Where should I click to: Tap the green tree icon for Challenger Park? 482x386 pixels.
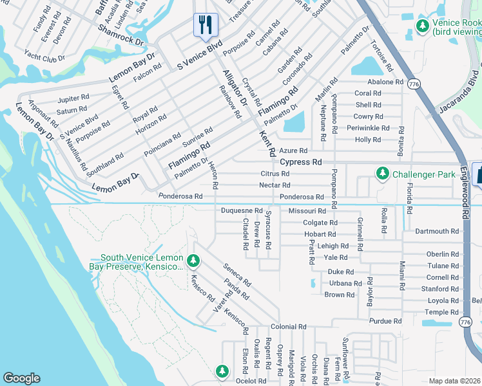coord(383,174)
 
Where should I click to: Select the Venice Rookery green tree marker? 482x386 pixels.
coord(422,26)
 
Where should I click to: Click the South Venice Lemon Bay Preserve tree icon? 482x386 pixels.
coord(193,261)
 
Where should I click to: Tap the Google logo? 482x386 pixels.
coord(21,378)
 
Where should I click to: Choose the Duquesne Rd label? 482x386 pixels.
coord(242,210)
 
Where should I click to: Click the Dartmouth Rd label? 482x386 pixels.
coord(437,231)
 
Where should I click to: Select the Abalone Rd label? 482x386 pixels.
coord(385,82)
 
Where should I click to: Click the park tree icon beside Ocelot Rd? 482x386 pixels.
coord(222,371)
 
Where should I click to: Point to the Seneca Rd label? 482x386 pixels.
coord(236,275)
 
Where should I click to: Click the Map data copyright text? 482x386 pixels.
coord(454,381)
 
